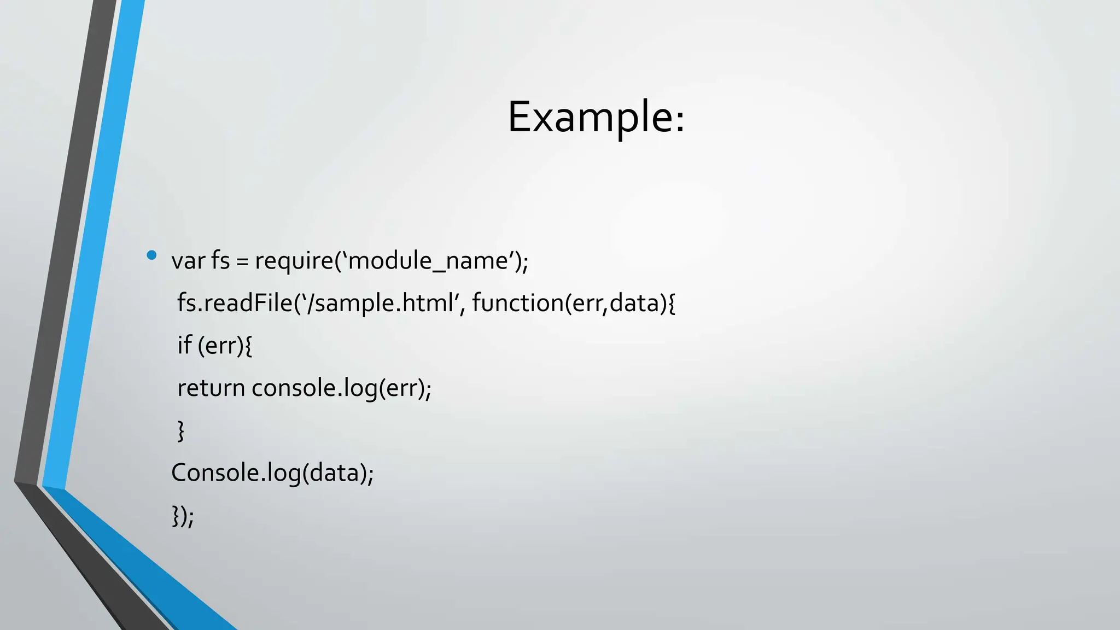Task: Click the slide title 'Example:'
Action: pyautogui.click(x=596, y=117)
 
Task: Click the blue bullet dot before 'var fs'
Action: pyautogui.click(x=151, y=255)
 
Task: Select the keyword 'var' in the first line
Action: pyautogui.click(x=188, y=261)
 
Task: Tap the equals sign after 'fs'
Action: pyautogui.click(x=242, y=262)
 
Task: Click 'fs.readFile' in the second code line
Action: pyautogui.click(x=235, y=303)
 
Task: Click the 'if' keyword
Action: pyautogui.click(x=184, y=346)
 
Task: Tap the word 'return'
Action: pyautogui.click(x=211, y=388)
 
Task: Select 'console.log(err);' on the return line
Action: pyautogui.click(x=341, y=388)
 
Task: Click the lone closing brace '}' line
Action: pyautogui.click(x=180, y=431)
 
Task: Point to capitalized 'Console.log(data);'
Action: pyautogui.click(x=272, y=473)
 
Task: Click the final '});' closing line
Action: pyautogui.click(x=183, y=516)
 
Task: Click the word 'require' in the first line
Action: pyautogui.click(x=294, y=261)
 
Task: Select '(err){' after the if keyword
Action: pyautogui.click(x=225, y=346)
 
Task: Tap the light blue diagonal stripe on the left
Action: pyautogui.click(x=93, y=246)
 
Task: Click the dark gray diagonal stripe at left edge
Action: pyautogui.click(x=60, y=246)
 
